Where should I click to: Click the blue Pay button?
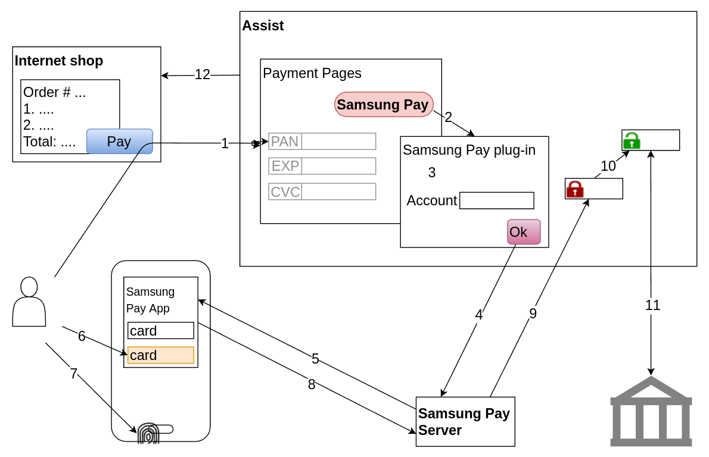click(x=119, y=142)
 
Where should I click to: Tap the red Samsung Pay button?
click(x=383, y=105)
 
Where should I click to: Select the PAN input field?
click(x=338, y=141)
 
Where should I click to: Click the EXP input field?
click(x=338, y=166)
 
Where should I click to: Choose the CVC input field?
click(x=338, y=192)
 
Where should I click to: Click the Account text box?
click(x=496, y=201)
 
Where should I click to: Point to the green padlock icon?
click(x=632, y=141)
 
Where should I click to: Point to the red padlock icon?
click(x=574, y=189)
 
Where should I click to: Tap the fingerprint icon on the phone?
click(x=148, y=433)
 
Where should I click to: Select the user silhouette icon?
click(x=29, y=302)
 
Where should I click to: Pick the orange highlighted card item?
click(x=160, y=355)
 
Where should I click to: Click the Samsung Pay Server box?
click(x=465, y=421)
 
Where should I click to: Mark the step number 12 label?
click(x=203, y=75)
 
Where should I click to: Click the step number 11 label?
click(x=652, y=305)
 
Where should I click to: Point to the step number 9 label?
click(x=533, y=314)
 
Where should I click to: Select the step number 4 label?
click(x=478, y=315)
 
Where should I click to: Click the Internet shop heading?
click(x=58, y=61)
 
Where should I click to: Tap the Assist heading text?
click(x=263, y=26)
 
